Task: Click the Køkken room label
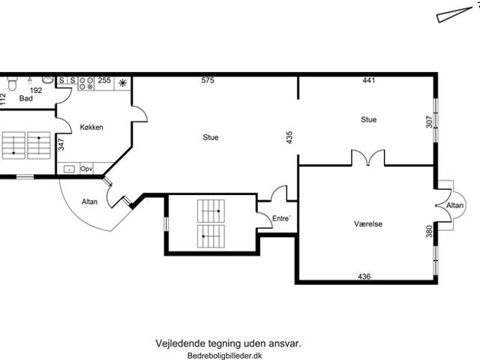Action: pyautogui.click(x=91, y=127)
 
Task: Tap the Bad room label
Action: pyautogui.click(x=26, y=98)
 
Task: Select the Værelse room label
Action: pyautogui.click(x=368, y=224)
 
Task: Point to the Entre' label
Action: pyautogui.click(x=281, y=218)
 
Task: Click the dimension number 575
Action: pyautogui.click(x=208, y=80)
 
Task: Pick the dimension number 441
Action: pyautogui.click(x=368, y=80)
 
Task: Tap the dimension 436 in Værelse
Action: pyautogui.click(x=364, y=277)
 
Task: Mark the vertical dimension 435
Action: pyautogui.click(x=289, y=137)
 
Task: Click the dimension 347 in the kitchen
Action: pyautogui.click(x=61, y=145)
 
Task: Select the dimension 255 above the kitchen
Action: pyautogui.click(x=104, y=80)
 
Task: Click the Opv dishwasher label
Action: pyautogui.click(x=86, y=169)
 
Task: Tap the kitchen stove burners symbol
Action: pyautogui.click(x=86, y=83)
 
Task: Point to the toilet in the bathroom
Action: pyautogui.click(x=12, y=82)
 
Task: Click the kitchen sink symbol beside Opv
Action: pyautogui.click(x=69, y=169)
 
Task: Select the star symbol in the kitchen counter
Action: pyautogui.click(x=123, y=83)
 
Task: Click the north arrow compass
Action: pyautogui.click(x=454, y=14)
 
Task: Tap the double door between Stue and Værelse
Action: pyautogui.click(x=368, y=157)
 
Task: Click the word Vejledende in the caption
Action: pyautogui.click(x=181, y=343)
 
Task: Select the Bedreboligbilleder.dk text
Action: pyautogui.click(x=225, y=355)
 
